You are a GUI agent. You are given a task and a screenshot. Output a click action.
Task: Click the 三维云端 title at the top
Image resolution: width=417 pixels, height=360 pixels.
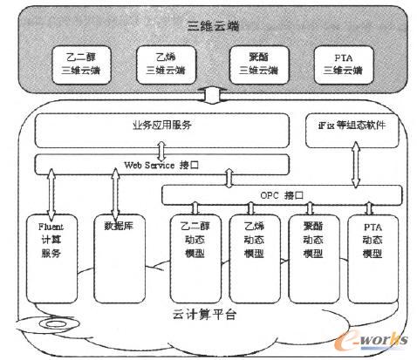click(208, 24)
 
